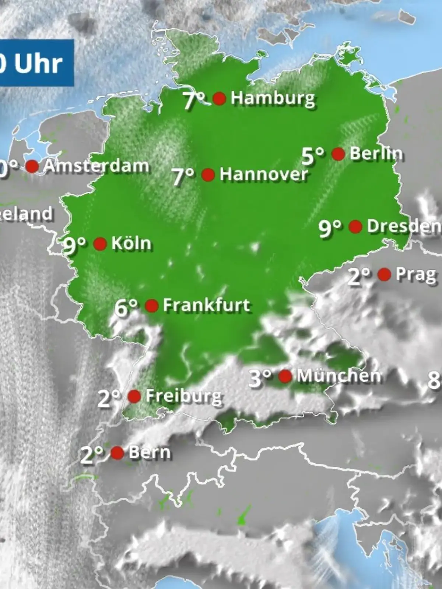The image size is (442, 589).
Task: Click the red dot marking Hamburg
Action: coord(220,99)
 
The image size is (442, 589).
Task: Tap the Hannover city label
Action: coord(264,174)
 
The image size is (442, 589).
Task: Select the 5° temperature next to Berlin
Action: coord(312,155)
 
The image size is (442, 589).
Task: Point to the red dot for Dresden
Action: coord(355,227)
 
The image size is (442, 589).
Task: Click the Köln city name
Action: coord(131,243)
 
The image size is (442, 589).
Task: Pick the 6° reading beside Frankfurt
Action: coord(126,307)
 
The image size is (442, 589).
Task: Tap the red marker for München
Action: coord(285,376)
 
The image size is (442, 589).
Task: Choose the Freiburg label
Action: coord(184,396)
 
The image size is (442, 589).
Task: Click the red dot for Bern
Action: coord(117,453)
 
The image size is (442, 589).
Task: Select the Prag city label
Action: coord(416,275)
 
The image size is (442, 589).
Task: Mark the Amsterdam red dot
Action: coord(32,166)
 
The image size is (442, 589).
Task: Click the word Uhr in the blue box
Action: coord(38,64)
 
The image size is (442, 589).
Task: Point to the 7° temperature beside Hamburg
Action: coord(194,100)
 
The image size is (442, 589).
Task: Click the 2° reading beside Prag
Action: coord(359,276)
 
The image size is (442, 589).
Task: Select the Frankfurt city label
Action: coord(206,305)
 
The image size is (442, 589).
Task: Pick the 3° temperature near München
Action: coord(260,378)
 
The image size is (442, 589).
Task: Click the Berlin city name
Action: coord(376,154)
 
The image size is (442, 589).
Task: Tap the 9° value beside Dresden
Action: coord(330,228)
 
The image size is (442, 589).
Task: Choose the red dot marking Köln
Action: coord(100,244)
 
